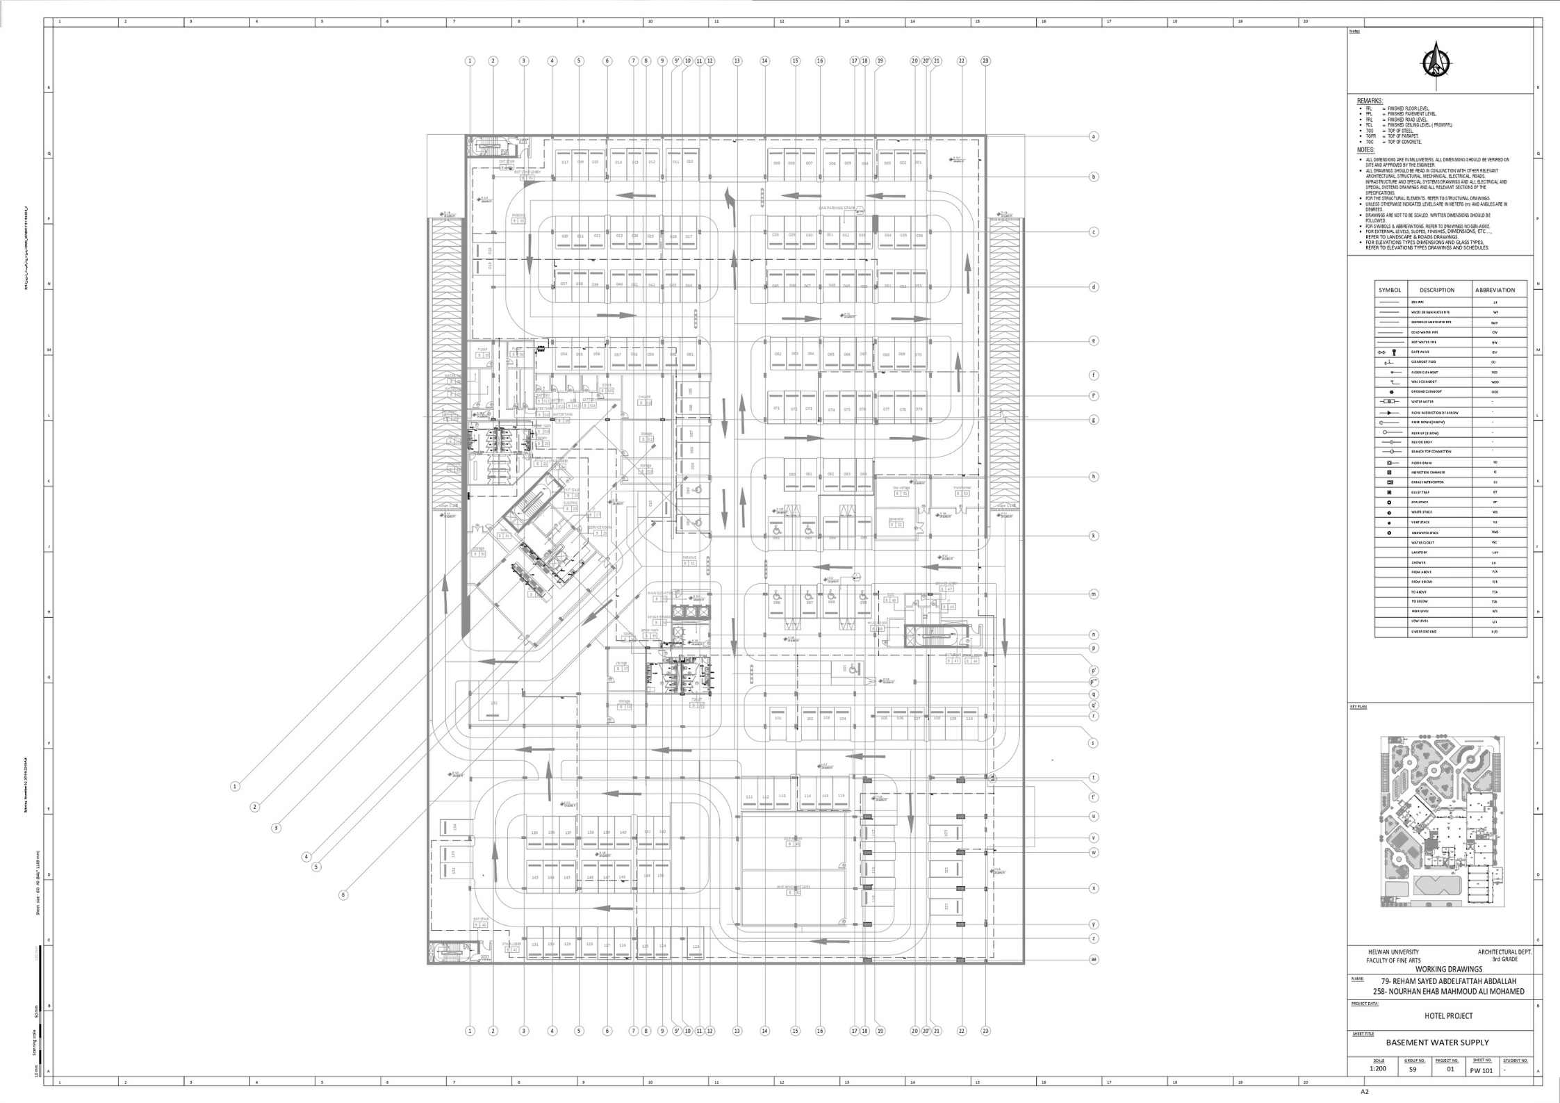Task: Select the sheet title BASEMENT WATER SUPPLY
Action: point(1437,1042)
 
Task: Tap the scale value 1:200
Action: point(1378,1068)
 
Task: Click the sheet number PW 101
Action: point(1481,1070)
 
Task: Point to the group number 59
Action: point(1412,1069)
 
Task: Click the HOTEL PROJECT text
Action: point(1448,1015)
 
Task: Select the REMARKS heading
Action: point(1370,101)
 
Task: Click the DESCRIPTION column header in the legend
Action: point(1436,290)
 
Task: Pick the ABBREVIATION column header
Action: point(1494,290)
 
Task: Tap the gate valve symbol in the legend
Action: point(1387,352)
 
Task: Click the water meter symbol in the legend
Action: point(1388,402)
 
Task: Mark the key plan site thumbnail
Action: point(1441,821)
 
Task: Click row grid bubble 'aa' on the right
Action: point(1093,959)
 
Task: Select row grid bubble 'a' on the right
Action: point(1093,136)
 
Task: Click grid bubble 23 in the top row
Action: point(985,61)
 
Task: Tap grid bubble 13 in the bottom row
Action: point(737,1031)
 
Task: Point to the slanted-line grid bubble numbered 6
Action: point(343,895)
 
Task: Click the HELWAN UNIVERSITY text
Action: point(1393,952)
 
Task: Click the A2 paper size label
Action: point(1364,1091)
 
